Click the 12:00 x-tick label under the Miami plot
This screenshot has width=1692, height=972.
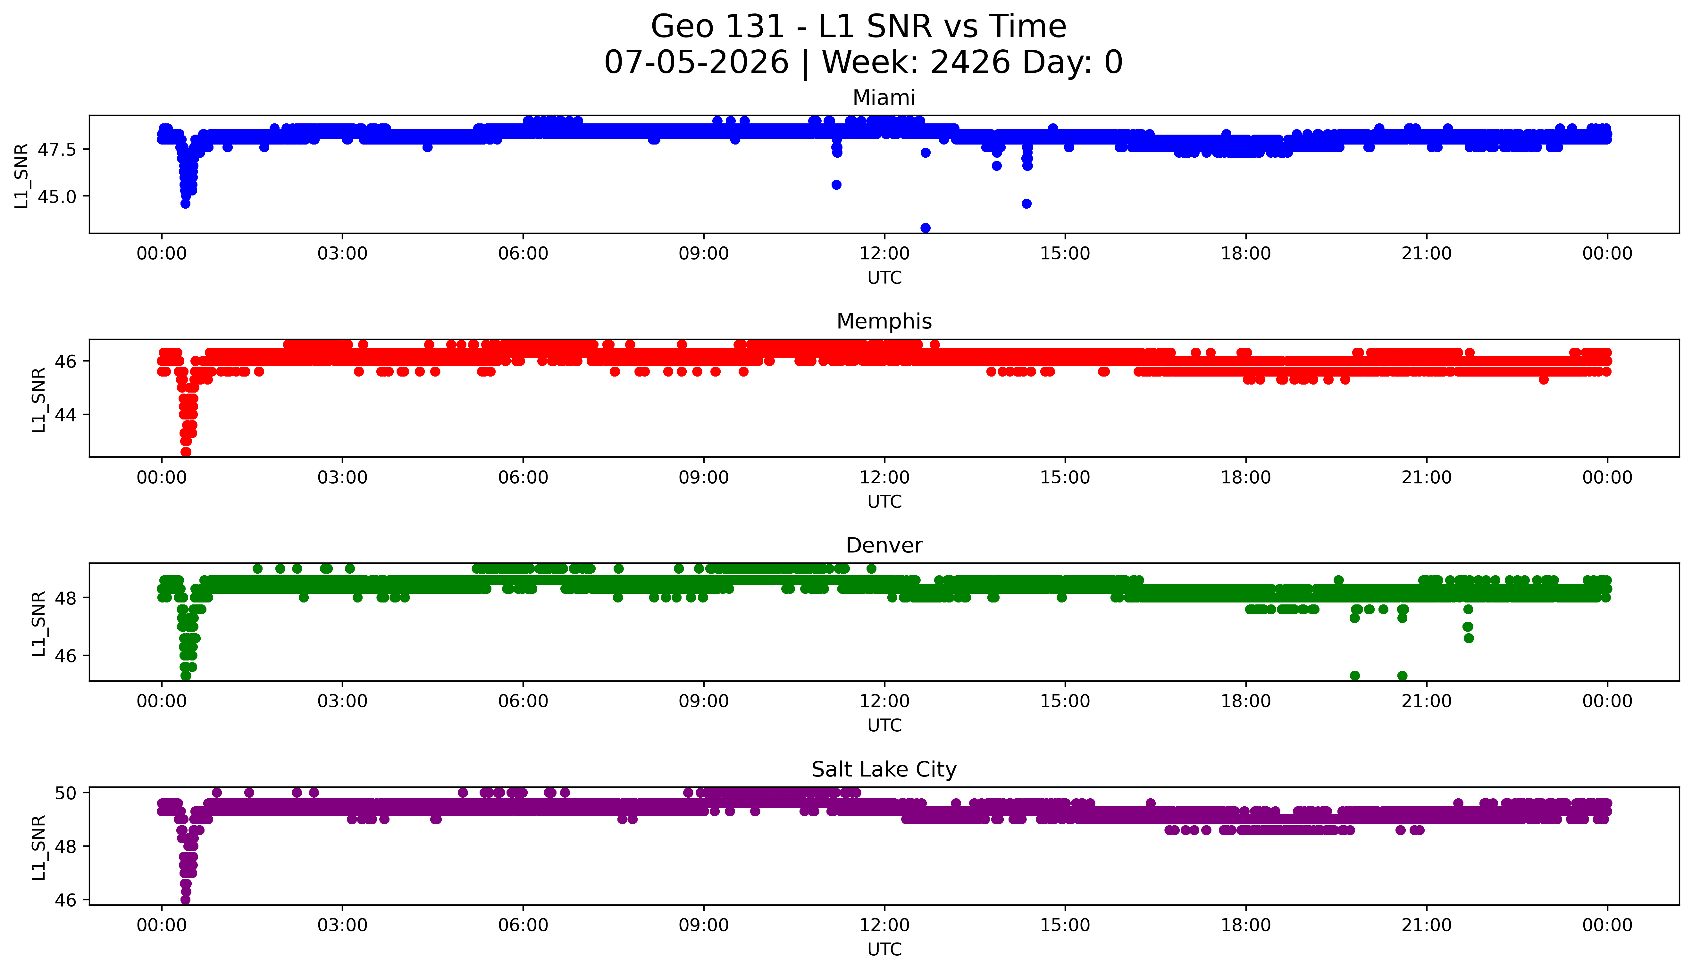pos(884,254)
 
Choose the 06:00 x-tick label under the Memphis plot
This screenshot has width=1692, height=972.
pos(523,477)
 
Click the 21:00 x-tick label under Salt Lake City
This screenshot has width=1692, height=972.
pos(1426,925)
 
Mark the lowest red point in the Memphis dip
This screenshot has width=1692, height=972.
pos(186,452)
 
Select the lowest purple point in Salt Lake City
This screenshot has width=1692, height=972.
pos(186,900)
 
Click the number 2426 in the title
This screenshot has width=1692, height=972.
pos(969,63)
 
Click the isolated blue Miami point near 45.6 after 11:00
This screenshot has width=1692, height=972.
pos(836,185)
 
